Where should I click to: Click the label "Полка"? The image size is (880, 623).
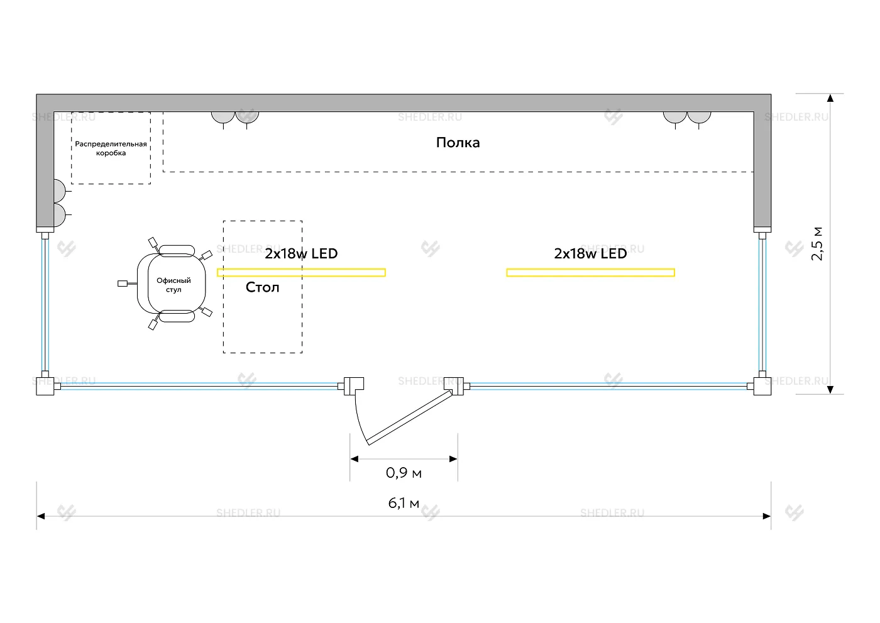tap(458, 143)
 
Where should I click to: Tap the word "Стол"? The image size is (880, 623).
tap(262, 287)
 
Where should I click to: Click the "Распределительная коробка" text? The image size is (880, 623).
tap(111, 148)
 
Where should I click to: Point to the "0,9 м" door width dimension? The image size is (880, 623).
tap(404, 473)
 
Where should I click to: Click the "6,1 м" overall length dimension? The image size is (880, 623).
tap(404, 504)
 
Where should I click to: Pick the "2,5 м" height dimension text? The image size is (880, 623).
tap(817, 243)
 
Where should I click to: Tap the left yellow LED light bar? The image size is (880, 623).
tap(301, 273)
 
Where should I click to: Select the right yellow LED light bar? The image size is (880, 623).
tap(590, 273)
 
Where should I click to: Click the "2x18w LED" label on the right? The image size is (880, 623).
tap(590, 253)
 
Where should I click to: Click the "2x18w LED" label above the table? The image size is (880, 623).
tap(301, 253)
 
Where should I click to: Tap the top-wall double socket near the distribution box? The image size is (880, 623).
tap(234, 118)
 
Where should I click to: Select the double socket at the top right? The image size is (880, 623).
tap(686, 118)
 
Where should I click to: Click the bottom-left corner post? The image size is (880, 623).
tap(45, 385)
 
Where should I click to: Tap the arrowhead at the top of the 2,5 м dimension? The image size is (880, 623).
tap(830, 99)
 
